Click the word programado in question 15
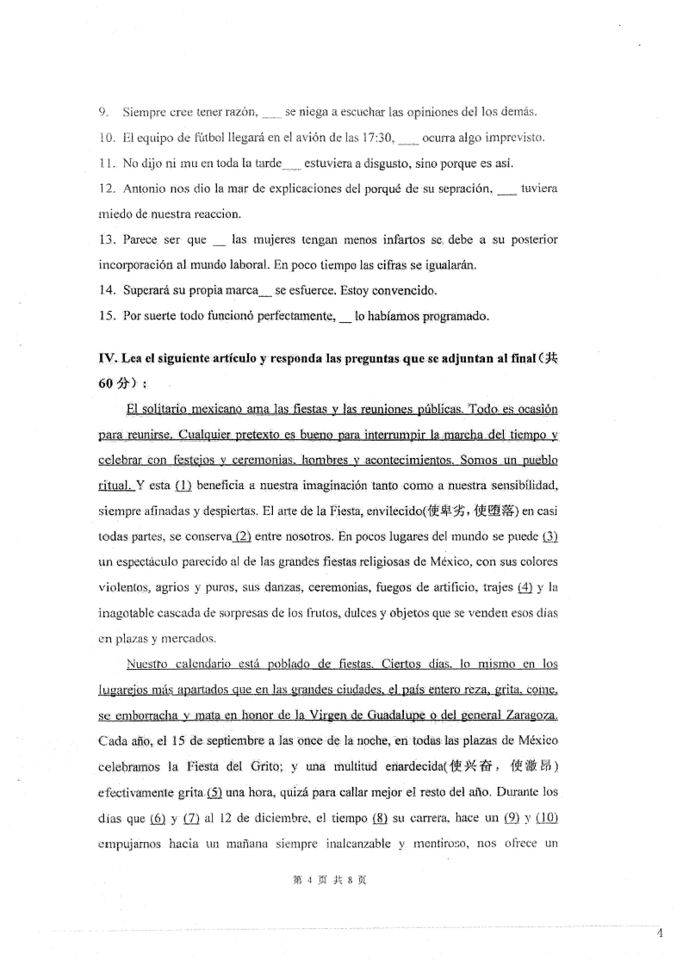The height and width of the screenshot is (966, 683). click(456, 316)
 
